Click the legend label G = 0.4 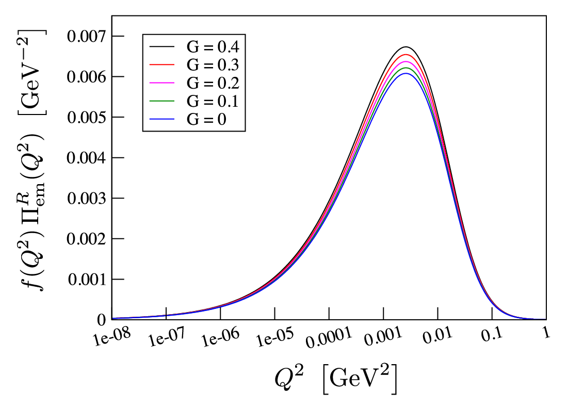point(213,47)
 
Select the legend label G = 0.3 point(213,65)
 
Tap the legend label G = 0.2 point(213,83)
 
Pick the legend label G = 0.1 point(213,101)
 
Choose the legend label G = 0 point(206,119)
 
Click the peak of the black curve point(405,47)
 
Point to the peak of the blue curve point(405,73)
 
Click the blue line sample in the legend point(162,119)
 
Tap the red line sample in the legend point(162,65)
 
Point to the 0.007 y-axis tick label point(86,37)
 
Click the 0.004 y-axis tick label point(86,158)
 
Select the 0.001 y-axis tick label point(87,280)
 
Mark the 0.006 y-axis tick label point(86,77)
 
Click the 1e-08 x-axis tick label point(112,337)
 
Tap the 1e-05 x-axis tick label point(275,337)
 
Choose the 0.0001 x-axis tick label point(329,337)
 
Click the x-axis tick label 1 point(546,333)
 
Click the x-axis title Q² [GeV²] point(336,379)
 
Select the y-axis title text point(33,160)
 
